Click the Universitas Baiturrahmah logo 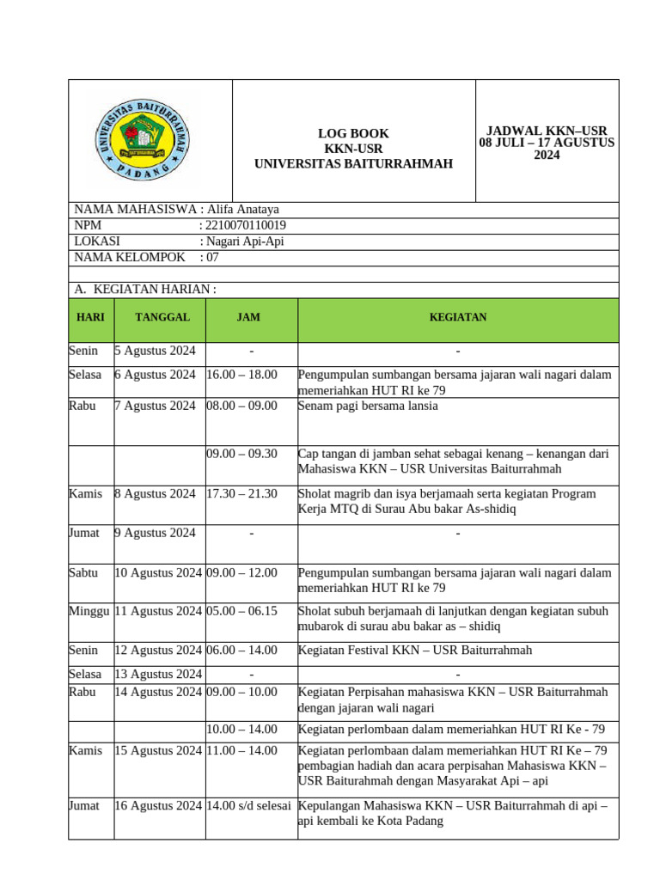(x=142, y=139)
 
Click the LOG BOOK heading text (x=353, y=133)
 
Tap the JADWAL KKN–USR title (x=547, y=130)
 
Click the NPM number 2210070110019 (x=247, y=225)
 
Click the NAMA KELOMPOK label (x=130, y=257)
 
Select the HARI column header (x=90, y=317)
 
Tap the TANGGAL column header (x=162, y=317)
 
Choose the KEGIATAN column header (x=458, y=317)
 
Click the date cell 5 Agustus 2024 (x=156, y=351)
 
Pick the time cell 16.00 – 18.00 (x=241, y=375)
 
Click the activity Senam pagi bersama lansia (x=368, y=406)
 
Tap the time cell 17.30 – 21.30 (x=241, y=493)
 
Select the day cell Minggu (x=89, y=611)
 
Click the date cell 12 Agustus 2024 (x=158, y=651)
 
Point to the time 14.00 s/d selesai (x=248, y=806)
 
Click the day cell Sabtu (x=83, y=572)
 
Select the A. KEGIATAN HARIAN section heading (x=145, y=290)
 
